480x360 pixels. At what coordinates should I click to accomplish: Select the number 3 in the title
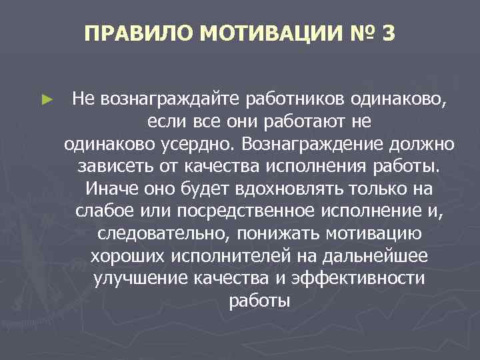point(389,33)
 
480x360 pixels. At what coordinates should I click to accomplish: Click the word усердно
point(205,143)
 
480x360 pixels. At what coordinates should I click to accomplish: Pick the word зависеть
point(108,165)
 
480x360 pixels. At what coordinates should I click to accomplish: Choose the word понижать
point(254,234)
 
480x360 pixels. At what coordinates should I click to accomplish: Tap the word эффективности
point(371,279)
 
